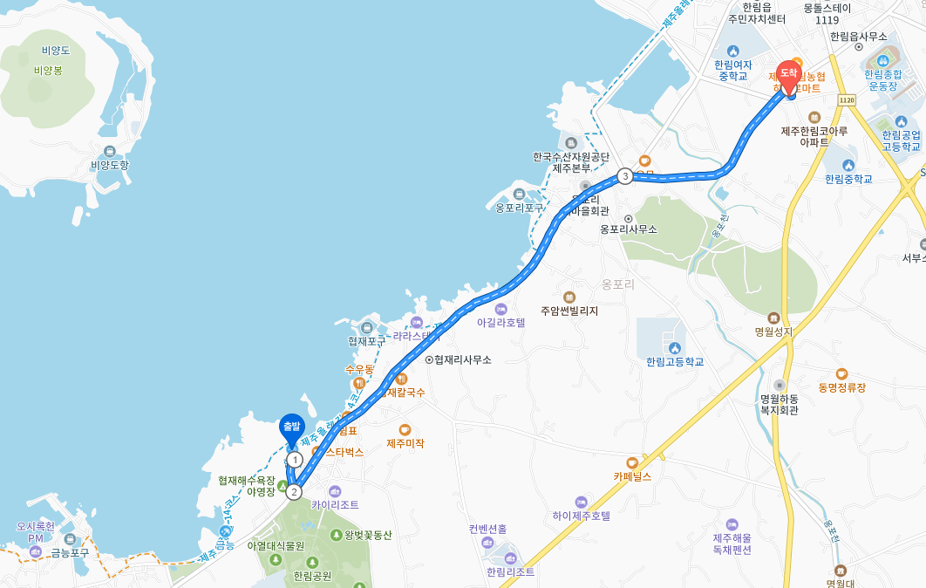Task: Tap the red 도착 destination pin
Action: pos(788,74)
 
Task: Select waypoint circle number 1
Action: pos(295,459)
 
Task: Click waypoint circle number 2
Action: pos(295,492)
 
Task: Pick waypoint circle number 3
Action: pos(625,176)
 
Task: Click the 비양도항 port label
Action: pos(110,165)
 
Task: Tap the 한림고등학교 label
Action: pos(675,361)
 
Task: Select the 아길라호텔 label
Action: pos(501,322)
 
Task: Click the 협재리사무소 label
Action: pos(462,359)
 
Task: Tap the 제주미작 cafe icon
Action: pos(405,429)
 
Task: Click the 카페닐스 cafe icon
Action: pos(632,462)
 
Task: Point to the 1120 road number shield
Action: pos(846,100)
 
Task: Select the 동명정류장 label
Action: pos(842,386)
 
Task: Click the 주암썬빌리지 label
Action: pos(569,311)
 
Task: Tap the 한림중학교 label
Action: pos(848,179)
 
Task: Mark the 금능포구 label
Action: pos(69,552)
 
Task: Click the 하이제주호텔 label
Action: pos(581,516)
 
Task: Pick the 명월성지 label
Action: pos(773,332)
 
